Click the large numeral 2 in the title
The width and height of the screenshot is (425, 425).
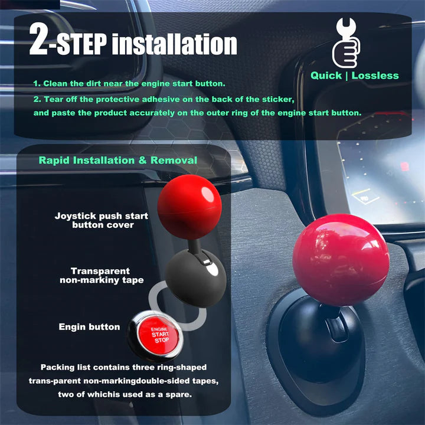pos(38,38)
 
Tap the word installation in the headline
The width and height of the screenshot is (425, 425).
pos(175,44)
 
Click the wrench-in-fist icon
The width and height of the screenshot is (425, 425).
pos(346,43)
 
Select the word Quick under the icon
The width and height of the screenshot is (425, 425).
pos(326,76)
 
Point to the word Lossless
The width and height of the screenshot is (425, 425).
pos(375,76)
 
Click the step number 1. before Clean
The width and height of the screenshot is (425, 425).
pos(37,83)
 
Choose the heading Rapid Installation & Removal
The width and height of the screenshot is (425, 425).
pos(118,160)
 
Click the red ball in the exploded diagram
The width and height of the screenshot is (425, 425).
pos(189,207)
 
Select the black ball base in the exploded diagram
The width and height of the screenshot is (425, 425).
pos(196,278)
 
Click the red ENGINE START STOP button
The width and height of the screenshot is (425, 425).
pos(159,335)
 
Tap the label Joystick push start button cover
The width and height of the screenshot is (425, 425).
pos(102,220)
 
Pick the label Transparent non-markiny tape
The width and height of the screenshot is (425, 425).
pos(102,276)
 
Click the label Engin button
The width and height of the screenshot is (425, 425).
pos(90,327)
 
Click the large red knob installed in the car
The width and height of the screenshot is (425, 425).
pos(341,260)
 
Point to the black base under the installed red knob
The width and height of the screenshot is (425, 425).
pos(321,344)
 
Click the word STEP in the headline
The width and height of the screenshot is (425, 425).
pos(81,44)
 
